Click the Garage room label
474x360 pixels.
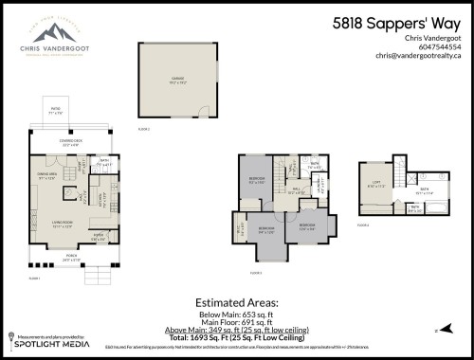pos(177,81)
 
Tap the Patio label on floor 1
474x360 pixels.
pos(56,112)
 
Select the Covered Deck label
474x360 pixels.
pos(70,143)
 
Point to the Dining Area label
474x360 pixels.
pos(48,175)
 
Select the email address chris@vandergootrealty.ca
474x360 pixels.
pos(416,56)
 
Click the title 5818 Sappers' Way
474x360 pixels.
pos(397,23)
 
